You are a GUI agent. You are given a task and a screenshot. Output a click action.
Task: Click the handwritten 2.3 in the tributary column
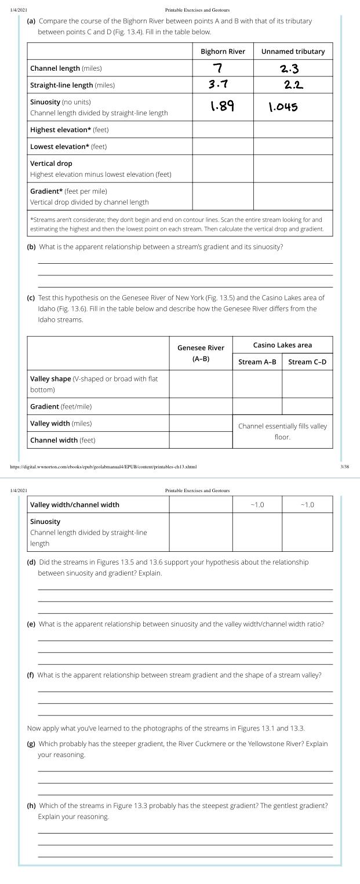coord(289,70)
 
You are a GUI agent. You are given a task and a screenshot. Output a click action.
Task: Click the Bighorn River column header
coord(223,52)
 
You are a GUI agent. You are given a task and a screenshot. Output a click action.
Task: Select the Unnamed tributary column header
coord(293,52)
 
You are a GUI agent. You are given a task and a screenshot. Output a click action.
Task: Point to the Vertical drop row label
coord(51,163)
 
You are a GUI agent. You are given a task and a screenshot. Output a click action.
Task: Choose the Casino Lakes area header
coord(282,345)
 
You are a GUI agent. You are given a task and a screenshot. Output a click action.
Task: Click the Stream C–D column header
coord(307,362)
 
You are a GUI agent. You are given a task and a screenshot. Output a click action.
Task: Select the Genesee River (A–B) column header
coord(201,353)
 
